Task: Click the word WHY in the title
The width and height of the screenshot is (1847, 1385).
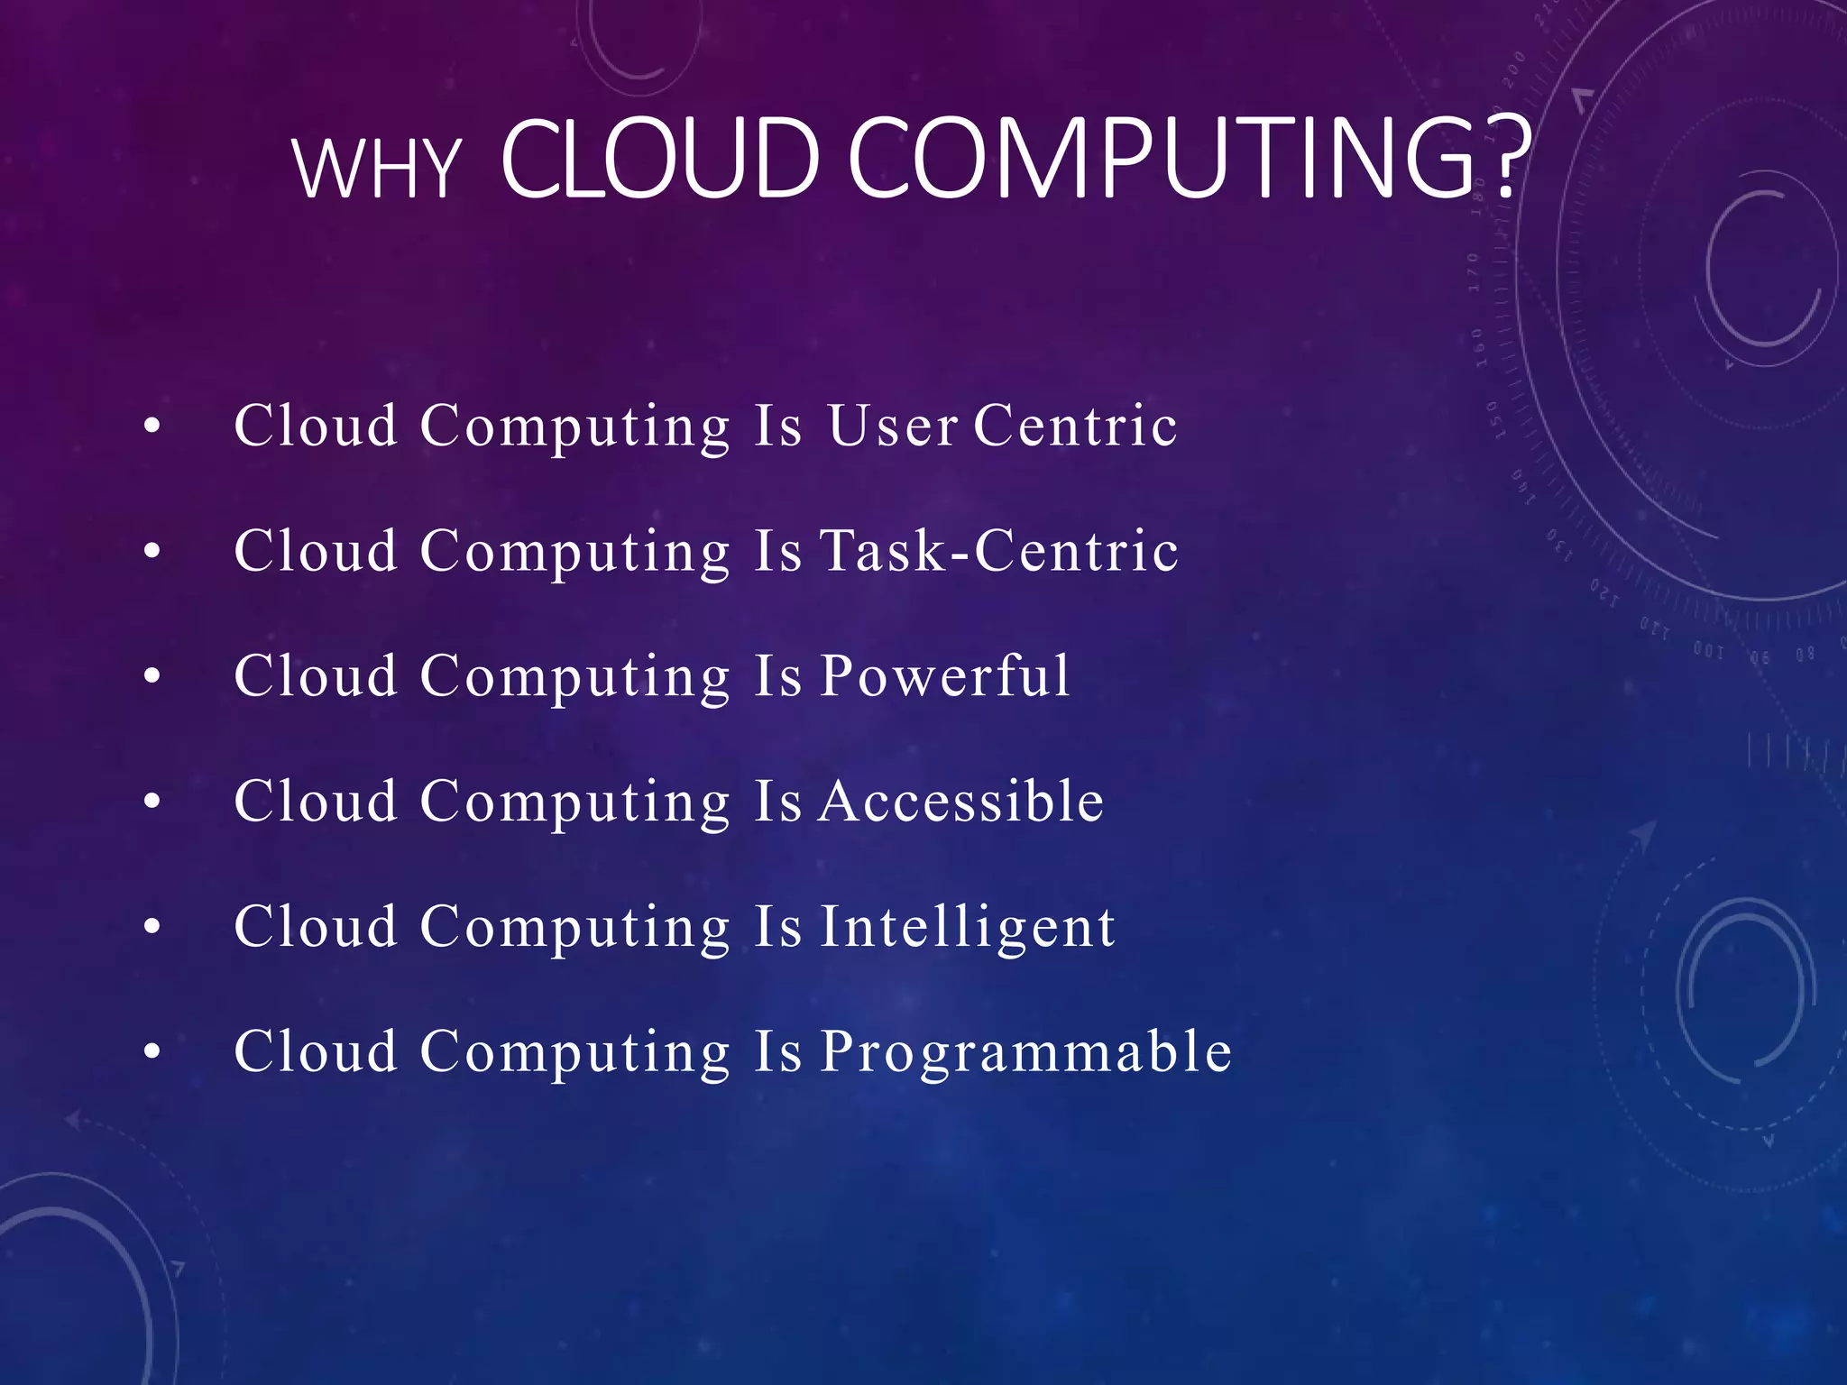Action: click(x=377, y=169)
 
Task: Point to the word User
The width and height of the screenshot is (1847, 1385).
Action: click(x=892, y=426)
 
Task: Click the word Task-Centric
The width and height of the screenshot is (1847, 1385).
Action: click(x=998, y=551)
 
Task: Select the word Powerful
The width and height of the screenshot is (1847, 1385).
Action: click(x=945, y=676)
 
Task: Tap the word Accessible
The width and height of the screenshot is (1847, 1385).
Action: click(x=961, y=801)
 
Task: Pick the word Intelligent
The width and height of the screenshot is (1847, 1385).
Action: click(x=968, y=926)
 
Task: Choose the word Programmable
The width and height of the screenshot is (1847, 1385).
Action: click(x=1025, y=1051)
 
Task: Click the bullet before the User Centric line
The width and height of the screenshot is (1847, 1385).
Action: click(x=152, y=427)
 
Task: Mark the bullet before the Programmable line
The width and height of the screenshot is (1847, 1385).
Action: click(x=152, y=1051)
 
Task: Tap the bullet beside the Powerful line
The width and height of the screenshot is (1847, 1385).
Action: click(x=152, y=676)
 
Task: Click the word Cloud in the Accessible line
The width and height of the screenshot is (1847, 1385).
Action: click(x=316, y=801)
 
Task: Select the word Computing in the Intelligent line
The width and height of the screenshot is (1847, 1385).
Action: click(x=575, y=928)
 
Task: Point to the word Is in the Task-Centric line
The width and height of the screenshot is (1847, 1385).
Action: click(x=777, y=551)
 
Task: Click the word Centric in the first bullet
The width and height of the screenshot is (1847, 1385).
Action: click(x=1075, y=426)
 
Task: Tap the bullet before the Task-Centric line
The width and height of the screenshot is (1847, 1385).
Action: click(x=152, y=551)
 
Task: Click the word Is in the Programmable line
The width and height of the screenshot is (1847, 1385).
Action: click(x=777, y=1051)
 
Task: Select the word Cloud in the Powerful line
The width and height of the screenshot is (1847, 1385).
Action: click(x=316, y=676)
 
